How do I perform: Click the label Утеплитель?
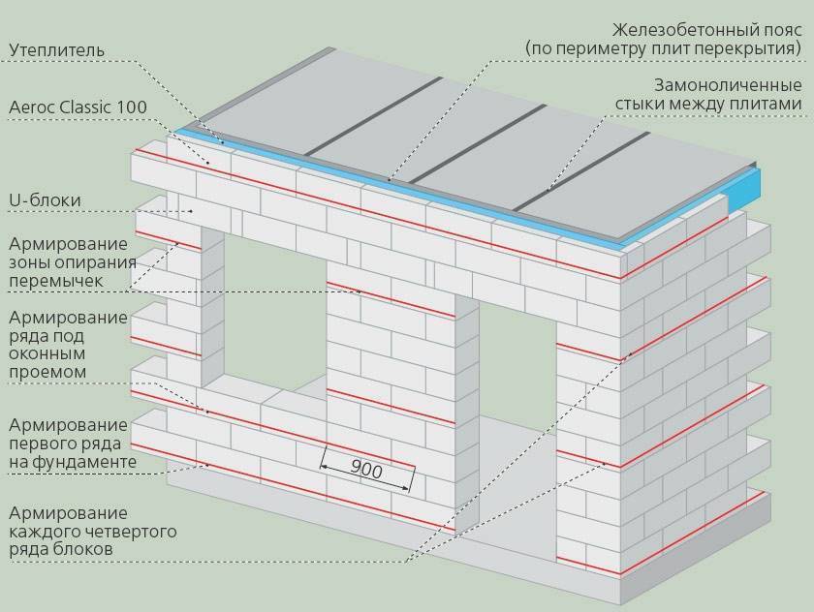(x=57, y=49)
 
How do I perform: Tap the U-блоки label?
(x=44, y=200)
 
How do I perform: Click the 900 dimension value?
(x=365, y=470)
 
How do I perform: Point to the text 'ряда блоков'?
(x=60, y=550)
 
